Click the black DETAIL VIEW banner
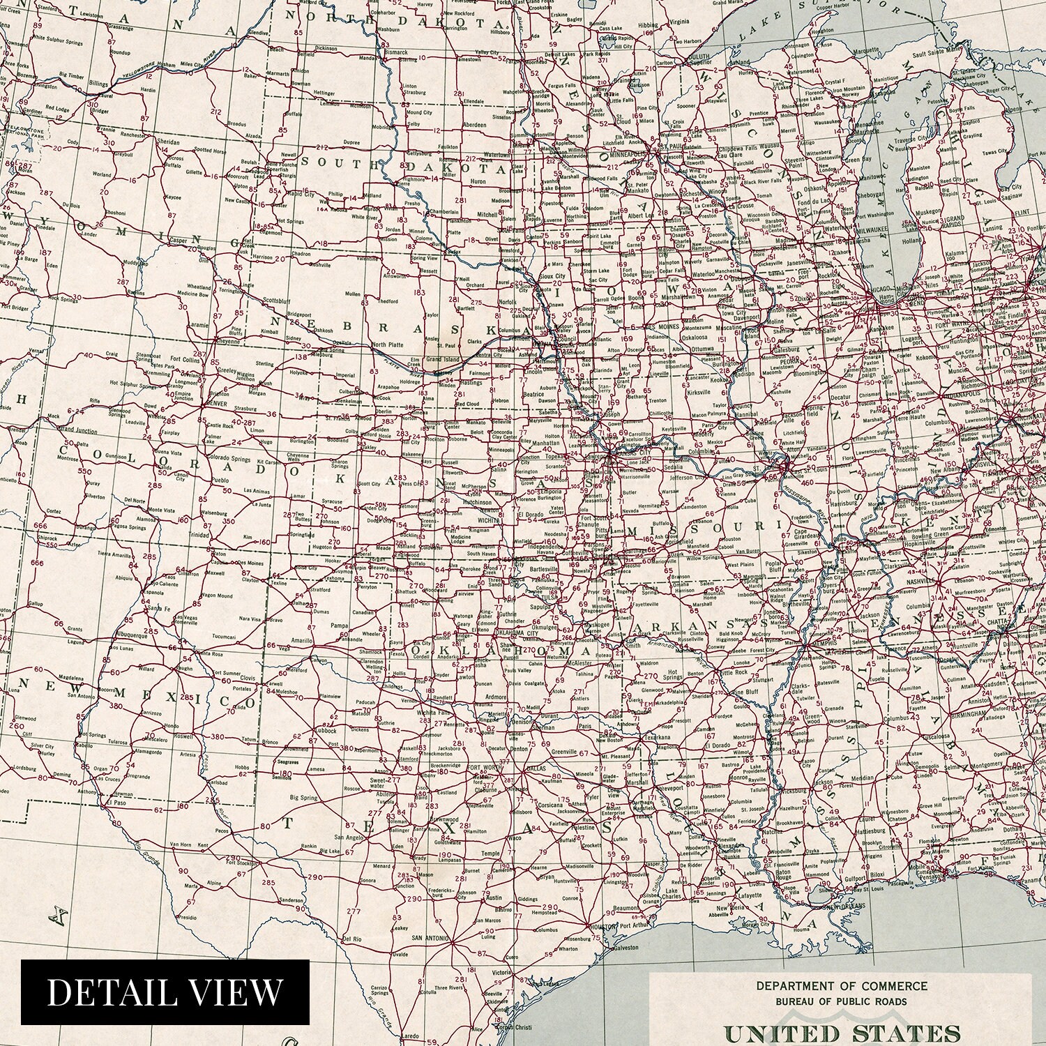(165, 992)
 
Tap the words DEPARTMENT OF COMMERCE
(842, 986)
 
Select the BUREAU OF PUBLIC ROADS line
(842, 1001)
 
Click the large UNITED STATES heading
(842, 1033)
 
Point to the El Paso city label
(116, 803)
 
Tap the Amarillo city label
(301, 640)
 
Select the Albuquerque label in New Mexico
(131, 635)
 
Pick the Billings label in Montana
(98, 84)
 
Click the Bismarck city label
(396, 52)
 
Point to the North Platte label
(387, 345)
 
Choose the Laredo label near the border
(409, 1036)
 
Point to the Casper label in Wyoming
(179, 241)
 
